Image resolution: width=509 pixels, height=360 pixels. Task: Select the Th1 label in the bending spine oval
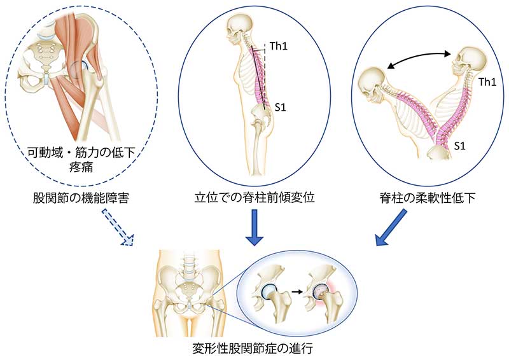click(x=486, y=82)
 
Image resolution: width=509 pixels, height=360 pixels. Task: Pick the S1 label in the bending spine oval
click(x=459, y=145)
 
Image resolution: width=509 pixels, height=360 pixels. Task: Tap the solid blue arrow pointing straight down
click(x=254, y=231)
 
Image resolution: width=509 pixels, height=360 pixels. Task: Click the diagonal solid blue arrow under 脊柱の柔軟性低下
click(x=389, y=231)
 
